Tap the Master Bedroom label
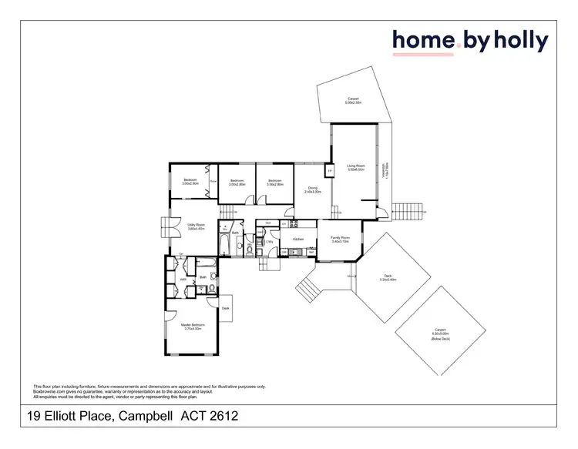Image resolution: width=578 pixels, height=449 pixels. pos(191,327)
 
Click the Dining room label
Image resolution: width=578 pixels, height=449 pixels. pos(313,189)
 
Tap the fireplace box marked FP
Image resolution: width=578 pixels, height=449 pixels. pos(329,171)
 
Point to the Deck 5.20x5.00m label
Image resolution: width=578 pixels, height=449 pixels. pos(388,278)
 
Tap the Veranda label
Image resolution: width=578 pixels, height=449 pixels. pos(386,171)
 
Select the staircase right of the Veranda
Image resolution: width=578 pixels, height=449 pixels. pos(408,209)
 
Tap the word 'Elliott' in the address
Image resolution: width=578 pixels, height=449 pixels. pos(66,416)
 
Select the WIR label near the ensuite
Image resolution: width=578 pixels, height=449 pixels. pos(183,280)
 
